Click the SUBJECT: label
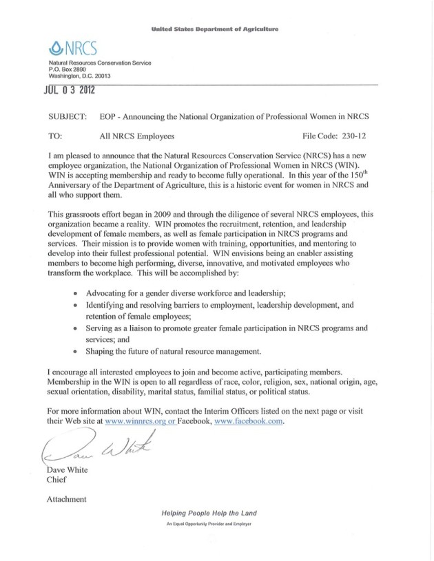68,118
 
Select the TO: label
57,136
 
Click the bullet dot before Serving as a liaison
74,329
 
